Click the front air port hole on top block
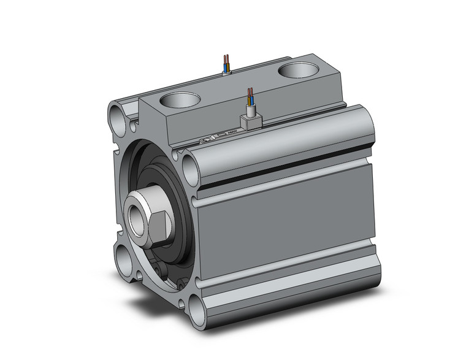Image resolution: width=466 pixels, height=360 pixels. (181, 99)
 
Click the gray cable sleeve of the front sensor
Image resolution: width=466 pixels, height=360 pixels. (250, 110)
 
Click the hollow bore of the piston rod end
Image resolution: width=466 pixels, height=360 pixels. (136, 217)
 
